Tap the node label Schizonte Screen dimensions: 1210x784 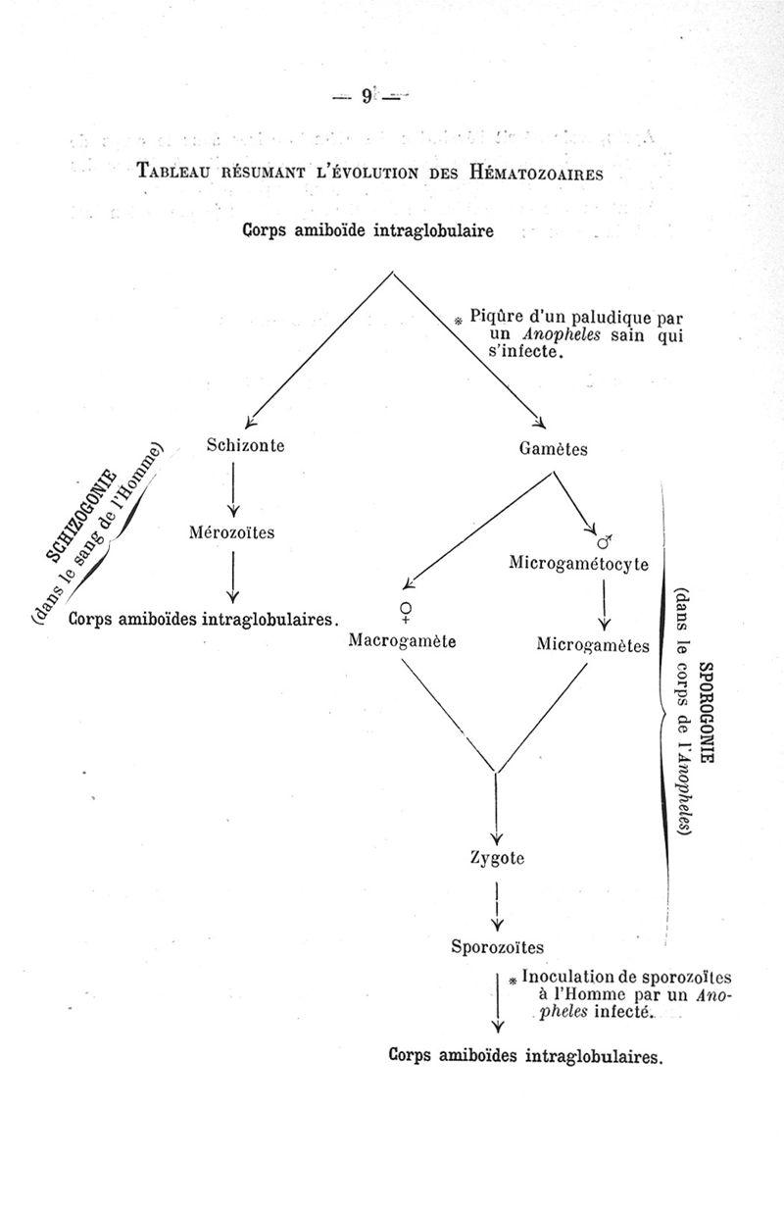[246, 445]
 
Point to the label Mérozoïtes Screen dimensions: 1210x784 [232, 533]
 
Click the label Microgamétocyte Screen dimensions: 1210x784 [579, 563]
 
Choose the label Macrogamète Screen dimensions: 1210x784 [403, 643]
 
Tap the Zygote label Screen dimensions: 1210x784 [498, 858]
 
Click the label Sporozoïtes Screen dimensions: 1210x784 [497, 946]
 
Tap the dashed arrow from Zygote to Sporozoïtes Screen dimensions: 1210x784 [498, 907]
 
